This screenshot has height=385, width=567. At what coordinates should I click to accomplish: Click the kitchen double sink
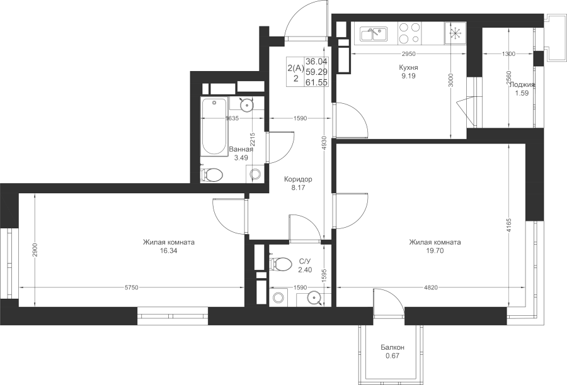coord(374,34)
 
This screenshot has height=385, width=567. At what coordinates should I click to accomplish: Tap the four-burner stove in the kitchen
coord(409,33)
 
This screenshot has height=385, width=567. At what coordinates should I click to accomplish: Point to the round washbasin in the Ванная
coord(246,104)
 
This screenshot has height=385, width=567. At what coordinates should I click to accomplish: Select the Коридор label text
coord(298,179)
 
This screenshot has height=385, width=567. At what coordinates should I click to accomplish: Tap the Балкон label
coord(392,347)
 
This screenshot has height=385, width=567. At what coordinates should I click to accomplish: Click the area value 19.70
coord(435,250)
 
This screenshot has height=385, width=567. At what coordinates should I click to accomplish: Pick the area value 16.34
coord(168,250)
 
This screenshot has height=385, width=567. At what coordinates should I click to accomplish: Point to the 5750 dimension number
coord(132,287)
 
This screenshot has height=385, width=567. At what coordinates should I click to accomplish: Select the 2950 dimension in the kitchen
coord(409,54)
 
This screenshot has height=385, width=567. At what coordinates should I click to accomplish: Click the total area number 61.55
coord(317,82)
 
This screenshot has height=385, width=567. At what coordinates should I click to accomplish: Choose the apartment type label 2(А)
coord(296,67)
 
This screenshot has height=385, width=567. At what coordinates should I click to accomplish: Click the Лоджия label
coord(522,85)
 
